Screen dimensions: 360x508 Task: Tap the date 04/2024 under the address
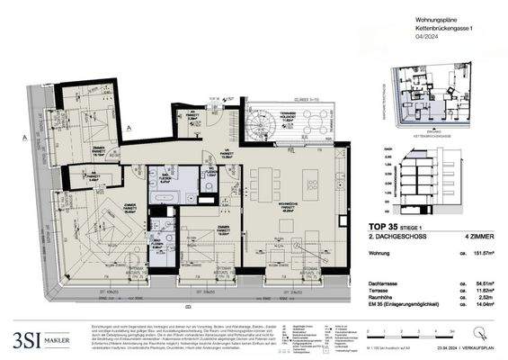tap(376, 38)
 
